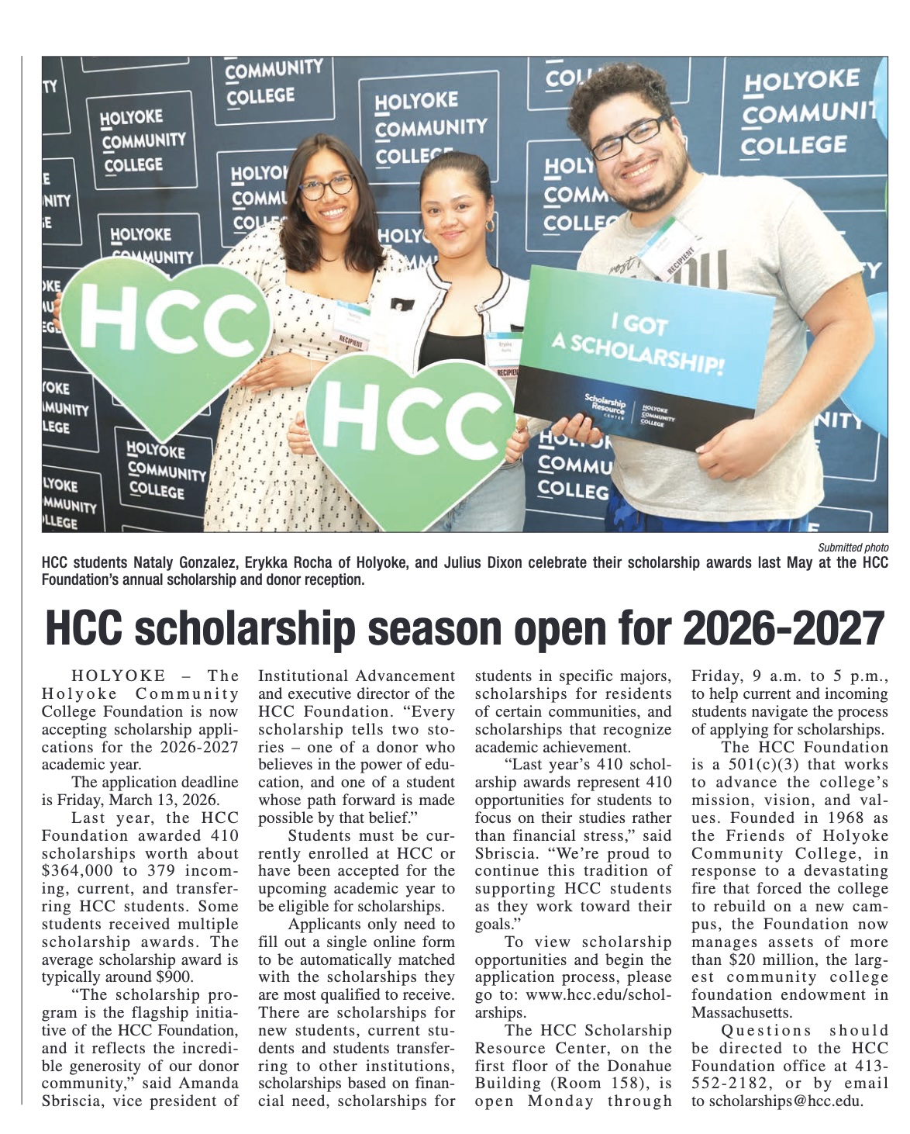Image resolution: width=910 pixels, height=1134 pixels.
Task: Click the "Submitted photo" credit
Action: point(853,548)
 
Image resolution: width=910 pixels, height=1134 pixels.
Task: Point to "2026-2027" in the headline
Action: point(783,628)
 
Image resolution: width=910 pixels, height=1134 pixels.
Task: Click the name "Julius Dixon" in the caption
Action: point(488,563)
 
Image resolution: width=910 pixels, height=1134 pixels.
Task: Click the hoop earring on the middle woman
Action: point(491,225)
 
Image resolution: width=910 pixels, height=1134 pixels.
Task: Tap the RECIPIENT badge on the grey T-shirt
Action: point(667,248)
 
